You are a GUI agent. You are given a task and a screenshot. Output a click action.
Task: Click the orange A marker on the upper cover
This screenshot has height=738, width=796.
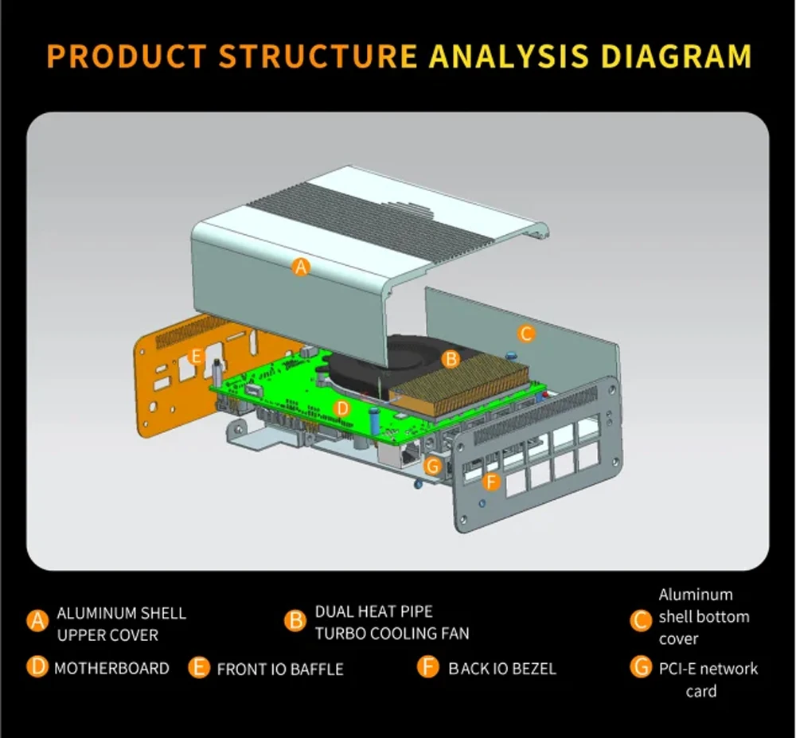tap(300, 267)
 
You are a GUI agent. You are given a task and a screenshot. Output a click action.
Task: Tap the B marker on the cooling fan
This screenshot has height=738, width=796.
tap(451, 359)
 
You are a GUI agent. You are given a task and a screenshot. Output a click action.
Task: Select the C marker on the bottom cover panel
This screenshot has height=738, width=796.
tap(526, 334)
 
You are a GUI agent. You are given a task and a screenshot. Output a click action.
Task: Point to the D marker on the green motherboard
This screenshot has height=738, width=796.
tap(341, 408)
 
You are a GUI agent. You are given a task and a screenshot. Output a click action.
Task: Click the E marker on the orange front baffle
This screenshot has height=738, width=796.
tap(197, 356)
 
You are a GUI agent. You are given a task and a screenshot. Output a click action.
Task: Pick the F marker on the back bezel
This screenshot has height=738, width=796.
tap(491, 481)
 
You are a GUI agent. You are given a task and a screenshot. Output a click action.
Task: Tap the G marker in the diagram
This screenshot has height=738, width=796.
tap(433, 466)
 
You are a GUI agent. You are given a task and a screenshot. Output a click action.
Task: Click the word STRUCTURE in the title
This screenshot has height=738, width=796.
tap(318, 57)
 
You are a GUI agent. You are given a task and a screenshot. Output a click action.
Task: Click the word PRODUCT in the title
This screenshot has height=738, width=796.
tap(128, 57)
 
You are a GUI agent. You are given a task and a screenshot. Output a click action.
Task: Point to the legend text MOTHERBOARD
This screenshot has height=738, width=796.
tap(111, 668)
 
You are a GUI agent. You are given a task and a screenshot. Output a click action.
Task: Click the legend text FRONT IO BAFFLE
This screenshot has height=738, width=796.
tap(280, 669)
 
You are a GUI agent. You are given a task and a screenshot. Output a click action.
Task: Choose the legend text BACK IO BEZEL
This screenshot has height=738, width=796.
tap(502, 668)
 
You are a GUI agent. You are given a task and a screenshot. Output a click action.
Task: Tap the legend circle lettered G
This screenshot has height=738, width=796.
tap(641, 667)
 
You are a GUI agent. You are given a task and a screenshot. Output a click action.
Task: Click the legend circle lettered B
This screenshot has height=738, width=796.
tap(295, 621)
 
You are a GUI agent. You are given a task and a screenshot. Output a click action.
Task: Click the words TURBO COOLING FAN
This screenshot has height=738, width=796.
tap(392, 634)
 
